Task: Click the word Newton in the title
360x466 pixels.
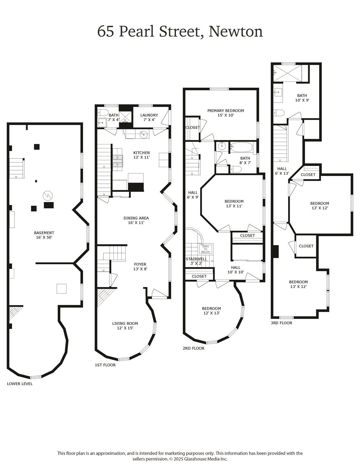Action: click(x=236, y=32)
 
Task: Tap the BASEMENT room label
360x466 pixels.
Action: click(x=44, y=233)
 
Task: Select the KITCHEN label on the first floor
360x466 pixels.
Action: click(x=141, y=153)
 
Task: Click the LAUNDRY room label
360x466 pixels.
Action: click(x=149, y=115)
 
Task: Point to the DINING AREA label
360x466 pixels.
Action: click(x=136, y=218)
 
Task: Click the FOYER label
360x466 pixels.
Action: click(x=140, y=264)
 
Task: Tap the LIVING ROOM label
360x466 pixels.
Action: click(x=125, y=323)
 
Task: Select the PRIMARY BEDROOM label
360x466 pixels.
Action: click(x=225, y=110)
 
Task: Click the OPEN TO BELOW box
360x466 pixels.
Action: click(x=206, y=249)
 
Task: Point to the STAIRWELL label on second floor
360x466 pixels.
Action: click(x=196, y=259)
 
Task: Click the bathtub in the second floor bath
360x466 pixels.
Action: click(x=241, y=147)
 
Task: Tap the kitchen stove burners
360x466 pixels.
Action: click(x=118, y=161)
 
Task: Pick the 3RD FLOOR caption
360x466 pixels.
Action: click(x=281, y=323)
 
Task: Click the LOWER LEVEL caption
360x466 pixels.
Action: click(x=20, y=384)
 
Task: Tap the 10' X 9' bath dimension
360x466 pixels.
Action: click(x=302, y=100)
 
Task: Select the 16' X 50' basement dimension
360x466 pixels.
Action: click(x=44, y=238)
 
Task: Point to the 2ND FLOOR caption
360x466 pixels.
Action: click(x=193, y=348)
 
